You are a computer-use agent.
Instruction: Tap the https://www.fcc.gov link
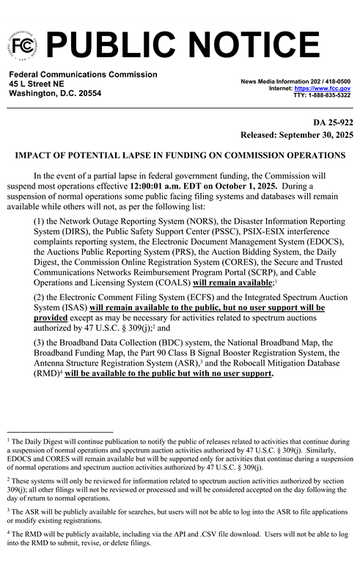click(322, 88)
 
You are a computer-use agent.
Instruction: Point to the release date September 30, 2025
click(313, 136)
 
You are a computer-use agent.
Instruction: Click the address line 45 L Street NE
click(37, 84)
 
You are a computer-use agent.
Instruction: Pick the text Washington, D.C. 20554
click(55, 94)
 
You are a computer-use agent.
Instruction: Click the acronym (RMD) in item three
click(47, 373)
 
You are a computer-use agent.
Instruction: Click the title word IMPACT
click(36, 156)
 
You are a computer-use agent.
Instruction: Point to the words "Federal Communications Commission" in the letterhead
click(83, 74)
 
